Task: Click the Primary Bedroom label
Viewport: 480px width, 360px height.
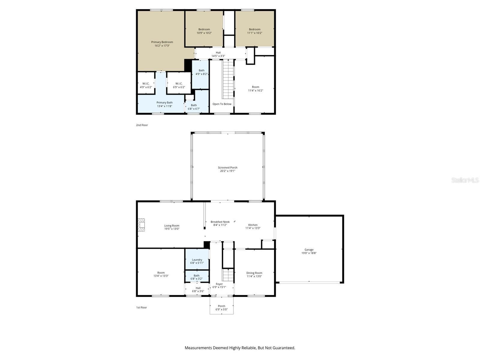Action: (162, 42)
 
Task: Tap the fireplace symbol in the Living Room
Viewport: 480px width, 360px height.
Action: (141, 225)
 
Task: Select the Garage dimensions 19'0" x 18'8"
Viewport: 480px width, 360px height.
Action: (309, 253)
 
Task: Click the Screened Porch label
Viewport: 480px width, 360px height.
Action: (228, 168)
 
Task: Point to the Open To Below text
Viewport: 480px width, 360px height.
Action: (222, 104)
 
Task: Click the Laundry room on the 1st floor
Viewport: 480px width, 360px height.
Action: (197, 260)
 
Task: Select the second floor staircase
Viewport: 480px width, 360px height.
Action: (228, 79)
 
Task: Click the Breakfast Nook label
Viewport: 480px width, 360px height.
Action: (220, 222)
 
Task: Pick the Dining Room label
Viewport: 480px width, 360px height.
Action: (254, 273)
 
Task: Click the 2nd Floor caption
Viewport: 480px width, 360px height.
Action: (142, 125)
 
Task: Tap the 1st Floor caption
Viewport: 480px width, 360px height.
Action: (142, 307)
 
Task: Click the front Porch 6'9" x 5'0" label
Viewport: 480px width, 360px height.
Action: (221, 308)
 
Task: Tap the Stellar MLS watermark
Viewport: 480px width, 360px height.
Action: (465, 180)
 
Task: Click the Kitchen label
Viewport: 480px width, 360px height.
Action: (253, 225)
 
